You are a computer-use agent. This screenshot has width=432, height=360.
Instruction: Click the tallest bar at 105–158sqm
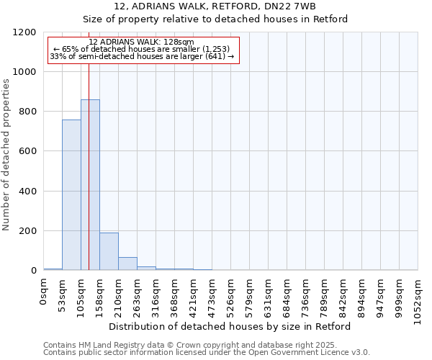90,185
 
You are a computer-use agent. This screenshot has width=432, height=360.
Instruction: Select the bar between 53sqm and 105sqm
71,195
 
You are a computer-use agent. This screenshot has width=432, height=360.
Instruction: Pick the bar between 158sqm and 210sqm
109,251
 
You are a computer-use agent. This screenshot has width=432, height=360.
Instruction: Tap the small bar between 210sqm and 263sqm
127,264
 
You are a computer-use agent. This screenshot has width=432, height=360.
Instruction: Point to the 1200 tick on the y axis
25,32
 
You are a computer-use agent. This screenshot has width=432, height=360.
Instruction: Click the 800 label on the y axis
28,112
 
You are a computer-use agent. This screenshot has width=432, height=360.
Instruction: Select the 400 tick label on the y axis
28,192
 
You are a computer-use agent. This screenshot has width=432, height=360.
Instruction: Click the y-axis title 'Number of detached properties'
6,155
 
